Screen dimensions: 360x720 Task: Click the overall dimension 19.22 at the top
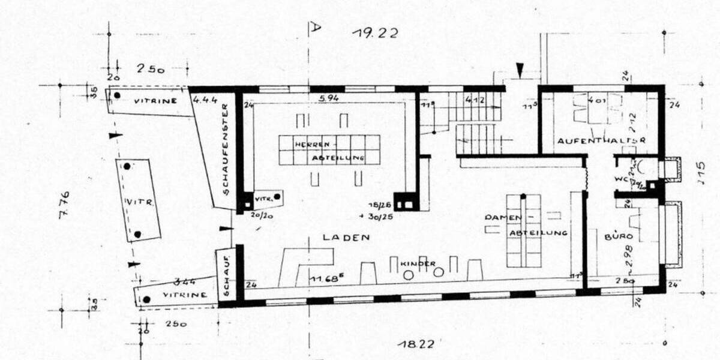point(375,33)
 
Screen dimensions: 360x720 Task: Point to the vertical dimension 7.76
point(64,205)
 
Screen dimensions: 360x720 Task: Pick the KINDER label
point(418,263)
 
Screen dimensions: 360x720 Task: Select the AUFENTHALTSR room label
point(601,140)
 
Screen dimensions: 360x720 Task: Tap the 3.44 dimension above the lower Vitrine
point(185,281)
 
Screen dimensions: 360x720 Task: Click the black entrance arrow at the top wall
point(520,72)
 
